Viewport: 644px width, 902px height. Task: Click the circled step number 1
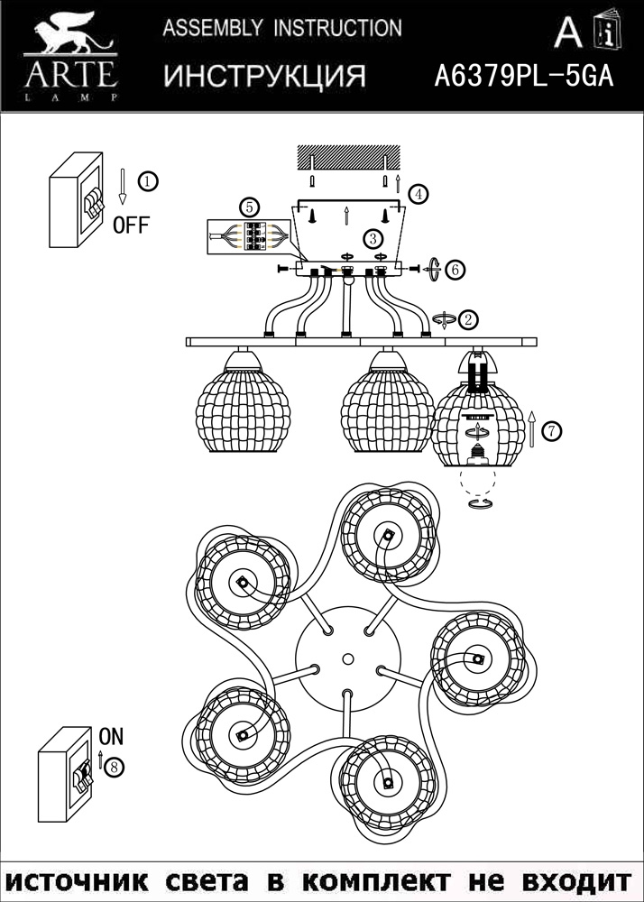point(149,180)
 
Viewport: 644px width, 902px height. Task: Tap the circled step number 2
point(469,319)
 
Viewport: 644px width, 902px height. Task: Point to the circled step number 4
point(418,193)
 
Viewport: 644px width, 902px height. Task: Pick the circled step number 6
point(455,269)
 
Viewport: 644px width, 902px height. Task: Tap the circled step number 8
point(114,767)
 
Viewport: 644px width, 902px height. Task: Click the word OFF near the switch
point(131,225)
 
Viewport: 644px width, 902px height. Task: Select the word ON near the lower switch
point(110,735)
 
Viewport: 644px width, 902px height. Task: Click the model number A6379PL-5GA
point(524,76)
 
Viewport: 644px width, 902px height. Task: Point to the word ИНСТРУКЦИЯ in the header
point(264,76)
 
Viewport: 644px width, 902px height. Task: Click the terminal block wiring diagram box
point(250,239)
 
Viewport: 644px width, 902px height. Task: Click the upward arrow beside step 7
point(532,428)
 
